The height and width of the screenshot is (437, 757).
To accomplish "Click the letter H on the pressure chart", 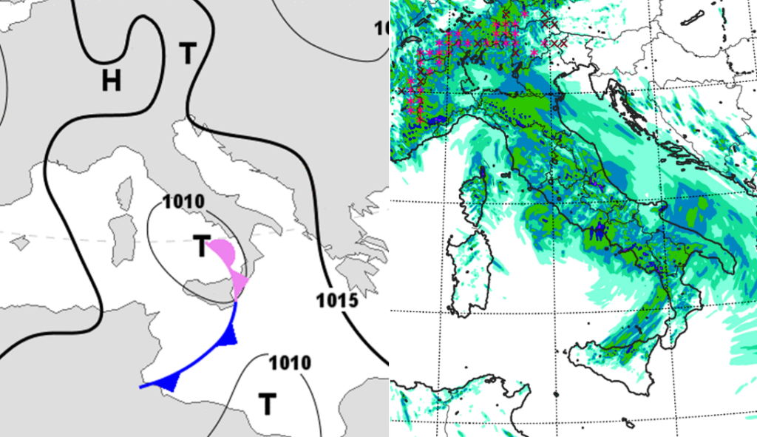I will pyautogui.click(x=112, y=80).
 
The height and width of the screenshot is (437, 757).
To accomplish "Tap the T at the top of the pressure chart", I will pyautogui.click(x=189, y=53).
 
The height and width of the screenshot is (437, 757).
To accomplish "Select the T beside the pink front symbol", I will pyautogui.click(x=202, y=246).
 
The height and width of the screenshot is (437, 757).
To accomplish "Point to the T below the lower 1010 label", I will pyautogui.click(x=267, y=404).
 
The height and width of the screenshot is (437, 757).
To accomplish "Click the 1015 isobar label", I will pyautogui.click(x=336, y=301).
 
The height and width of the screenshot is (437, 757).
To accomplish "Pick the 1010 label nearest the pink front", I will pyautogui.click(x=183, y=201).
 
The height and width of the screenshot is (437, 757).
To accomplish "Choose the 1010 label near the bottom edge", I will pyautogui.click(x=289, y=363).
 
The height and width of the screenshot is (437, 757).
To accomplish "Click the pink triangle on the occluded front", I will pyautogui.click(x=240, y=283).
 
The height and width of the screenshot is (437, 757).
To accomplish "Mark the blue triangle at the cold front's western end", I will pyautogui.click(x=171, y=382).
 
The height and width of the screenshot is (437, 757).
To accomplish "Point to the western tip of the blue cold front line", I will pyautogui.click(x=140, y=386).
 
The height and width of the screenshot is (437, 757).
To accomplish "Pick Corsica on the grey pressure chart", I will pyautogui.click(x=123, y=194).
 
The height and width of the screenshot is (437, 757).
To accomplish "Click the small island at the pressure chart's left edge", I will pyautogui.click(x=20, y=242).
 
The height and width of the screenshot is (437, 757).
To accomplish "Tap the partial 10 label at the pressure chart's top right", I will pyautogui.click(x=381, y=28).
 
